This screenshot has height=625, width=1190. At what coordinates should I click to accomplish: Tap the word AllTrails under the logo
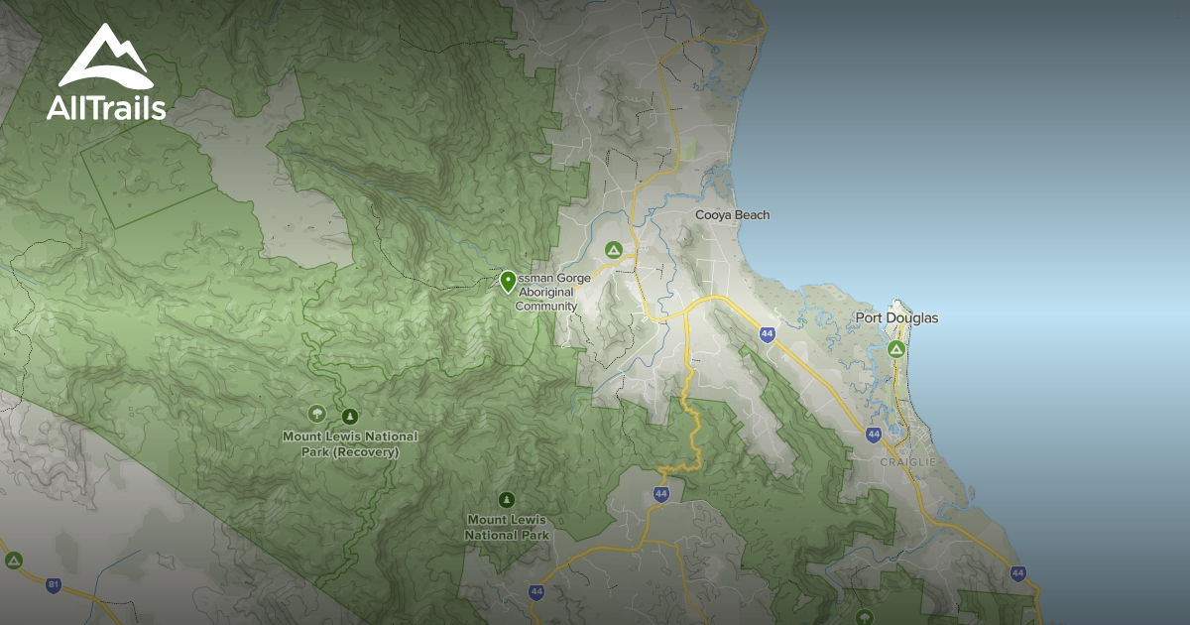(106, 107)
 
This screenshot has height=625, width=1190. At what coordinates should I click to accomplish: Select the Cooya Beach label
(732, 215)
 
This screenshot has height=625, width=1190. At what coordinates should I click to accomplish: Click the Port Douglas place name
(896, 318)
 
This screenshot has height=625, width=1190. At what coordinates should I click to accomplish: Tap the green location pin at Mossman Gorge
(508, 282)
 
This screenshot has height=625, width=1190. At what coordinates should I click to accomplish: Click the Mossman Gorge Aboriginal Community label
(551, 293)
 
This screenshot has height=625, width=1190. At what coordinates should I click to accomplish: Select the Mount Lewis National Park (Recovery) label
(350, 444)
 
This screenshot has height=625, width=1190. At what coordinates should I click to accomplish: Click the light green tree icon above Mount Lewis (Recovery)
(317, 414)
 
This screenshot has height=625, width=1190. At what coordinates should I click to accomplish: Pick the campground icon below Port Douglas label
(896, 349)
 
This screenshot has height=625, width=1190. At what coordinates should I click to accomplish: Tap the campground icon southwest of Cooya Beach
(614, 250)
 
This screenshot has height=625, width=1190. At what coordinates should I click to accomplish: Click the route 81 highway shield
(54, 584)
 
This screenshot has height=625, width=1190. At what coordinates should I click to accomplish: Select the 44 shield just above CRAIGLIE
(873, 435)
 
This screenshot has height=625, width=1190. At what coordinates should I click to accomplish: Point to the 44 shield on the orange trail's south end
(661, 493)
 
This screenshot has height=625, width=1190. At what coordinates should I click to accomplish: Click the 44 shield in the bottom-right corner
(1018, 572)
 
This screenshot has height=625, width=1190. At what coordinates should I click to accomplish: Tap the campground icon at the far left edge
(13, 561)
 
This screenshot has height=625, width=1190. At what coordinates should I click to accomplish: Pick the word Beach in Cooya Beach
(753, 215)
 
